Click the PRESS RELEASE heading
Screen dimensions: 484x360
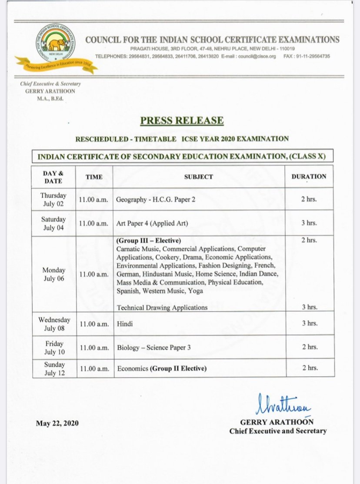pyautogui.click(x=182, y=120)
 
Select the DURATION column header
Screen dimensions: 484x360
pyautogui.click(x=308, y=176)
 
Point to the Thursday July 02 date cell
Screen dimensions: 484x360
pyautogui.click(x=53, y=199)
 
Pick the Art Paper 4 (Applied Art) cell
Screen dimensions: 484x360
pyautogui.click(x=152, y=223)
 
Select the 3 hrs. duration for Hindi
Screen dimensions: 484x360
pyautogui.click(x=309, y=323)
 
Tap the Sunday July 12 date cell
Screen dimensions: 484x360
pyautogui.click(x=53, y=368)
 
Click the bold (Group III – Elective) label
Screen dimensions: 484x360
pyautogui.click(x=148, y=240)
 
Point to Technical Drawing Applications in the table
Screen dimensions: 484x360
pyautogui.click(x=162, y=307)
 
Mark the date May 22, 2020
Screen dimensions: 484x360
pyautogui.click(x=58, y=423)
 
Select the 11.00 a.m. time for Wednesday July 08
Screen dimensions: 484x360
pyautogui.click(x=94, y=324)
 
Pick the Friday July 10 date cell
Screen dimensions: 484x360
pyautogui.click(x=53, y=347)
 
